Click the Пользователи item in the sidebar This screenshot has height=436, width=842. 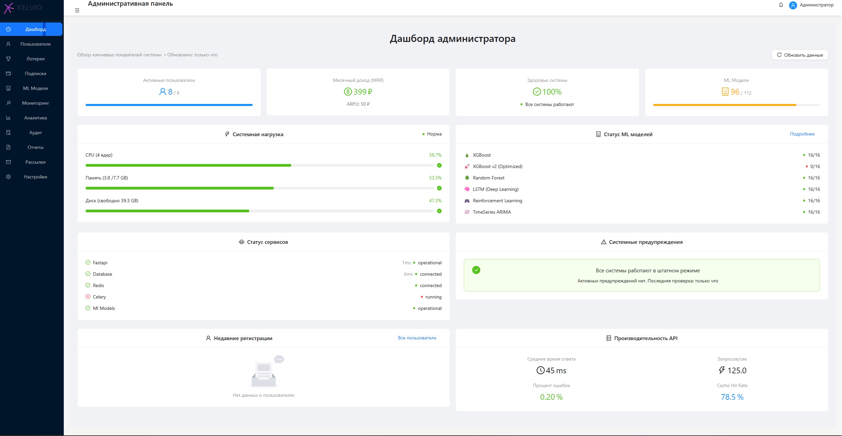(x=35, y=44)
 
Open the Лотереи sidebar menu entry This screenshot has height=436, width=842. (x=35, y=59)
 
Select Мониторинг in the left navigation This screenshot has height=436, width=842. (x=35, y=103)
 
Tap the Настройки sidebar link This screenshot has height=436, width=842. (x=35, y=177)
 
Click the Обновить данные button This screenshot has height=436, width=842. (x=800, y=55)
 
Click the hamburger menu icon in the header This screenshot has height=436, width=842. (x=77, y=10)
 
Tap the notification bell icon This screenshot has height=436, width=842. (x=781, y=5)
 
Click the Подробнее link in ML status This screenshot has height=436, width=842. (x=802, y=134)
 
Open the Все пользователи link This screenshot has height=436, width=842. (x=417, y=338)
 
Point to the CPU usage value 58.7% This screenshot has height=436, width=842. (x=435, y=155)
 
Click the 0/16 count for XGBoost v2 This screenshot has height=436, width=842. (x=815, y=166)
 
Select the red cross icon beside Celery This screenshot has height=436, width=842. (x=88, y=296)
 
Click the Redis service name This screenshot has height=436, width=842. (x=98, y=285)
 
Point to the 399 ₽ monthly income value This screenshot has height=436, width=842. (x=362, y=92)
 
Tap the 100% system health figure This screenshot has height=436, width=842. (x=552, y=92)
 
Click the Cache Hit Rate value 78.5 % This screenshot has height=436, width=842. (x=732, y=397)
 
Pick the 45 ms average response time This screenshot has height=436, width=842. (x=556, y=371)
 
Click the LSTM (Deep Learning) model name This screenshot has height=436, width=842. (x=496, y=189)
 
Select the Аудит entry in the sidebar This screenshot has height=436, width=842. (x=35, y=132)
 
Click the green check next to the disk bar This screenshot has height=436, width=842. (x=439, y=211)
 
